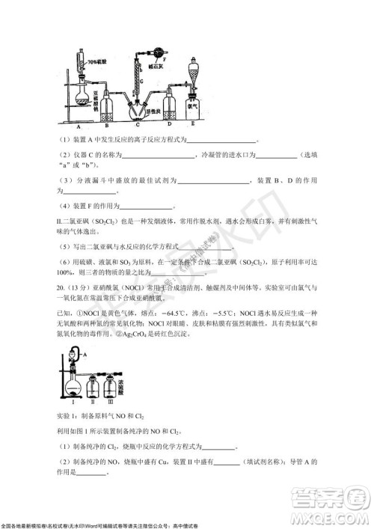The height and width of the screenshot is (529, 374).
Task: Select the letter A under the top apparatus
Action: [77, 127]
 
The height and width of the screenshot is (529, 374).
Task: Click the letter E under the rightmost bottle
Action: [192, 123]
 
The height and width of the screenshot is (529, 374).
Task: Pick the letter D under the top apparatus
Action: [166, 124]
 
